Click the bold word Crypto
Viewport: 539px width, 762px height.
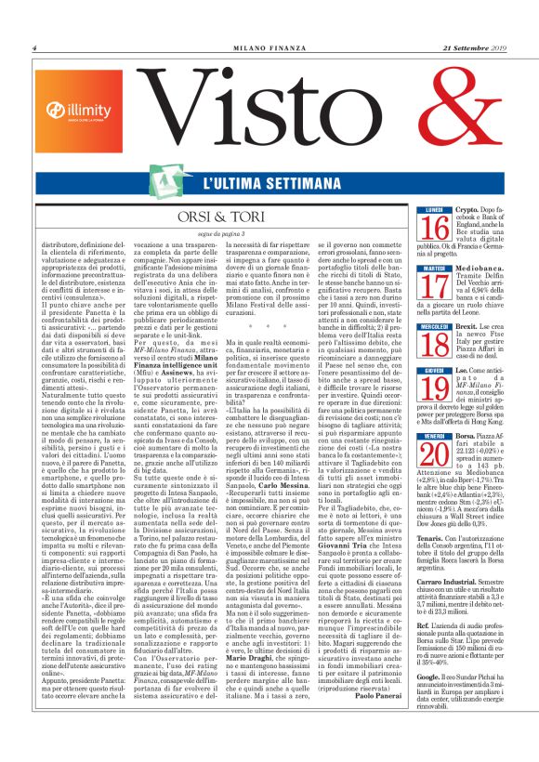click(x=456, y=237)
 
